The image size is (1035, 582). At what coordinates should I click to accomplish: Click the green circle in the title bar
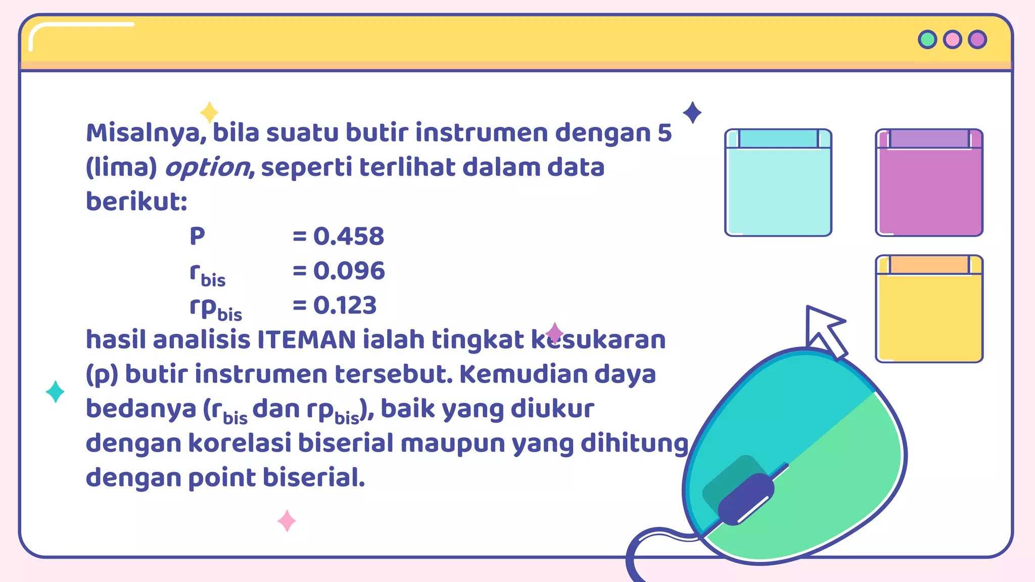(927, 39)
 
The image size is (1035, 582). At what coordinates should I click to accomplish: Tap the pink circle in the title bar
(953, 39)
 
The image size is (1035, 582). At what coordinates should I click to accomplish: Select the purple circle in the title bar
(977, 39)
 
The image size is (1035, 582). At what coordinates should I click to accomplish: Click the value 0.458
(349, 236)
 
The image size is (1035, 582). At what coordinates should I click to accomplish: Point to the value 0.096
(349, 271)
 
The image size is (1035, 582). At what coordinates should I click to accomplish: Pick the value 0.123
(345, 305)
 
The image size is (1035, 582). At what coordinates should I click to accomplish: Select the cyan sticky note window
(778, 183)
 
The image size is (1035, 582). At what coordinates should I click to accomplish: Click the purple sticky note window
(929, 183)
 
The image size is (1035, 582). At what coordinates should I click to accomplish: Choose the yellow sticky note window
(929, 309)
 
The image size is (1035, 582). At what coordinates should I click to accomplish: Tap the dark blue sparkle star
(692, 112)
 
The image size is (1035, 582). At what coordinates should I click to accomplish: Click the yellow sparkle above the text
(209, 112)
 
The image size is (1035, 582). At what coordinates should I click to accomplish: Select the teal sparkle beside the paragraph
(55, 392)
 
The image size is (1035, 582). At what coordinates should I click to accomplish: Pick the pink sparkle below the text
(287, 521)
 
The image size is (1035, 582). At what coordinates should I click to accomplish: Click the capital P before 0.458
(197, 236)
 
